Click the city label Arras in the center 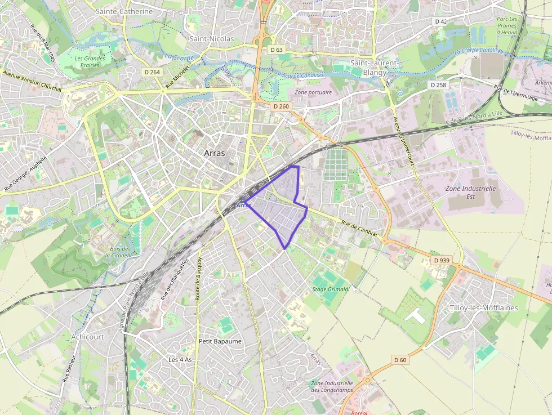(x=214, y=153)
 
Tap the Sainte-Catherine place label (x=124, y=11)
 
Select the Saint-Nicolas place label (x=211, y=39)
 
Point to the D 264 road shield (x=152, y=72)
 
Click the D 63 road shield (x=276, y=50)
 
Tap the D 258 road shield (x=438, y=85)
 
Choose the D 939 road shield (x=442, y=261)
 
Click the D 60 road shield (x=400, y=360)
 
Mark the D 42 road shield (x=440, y=21)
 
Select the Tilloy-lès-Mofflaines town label (x=484, y=308)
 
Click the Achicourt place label (x=87, y=337)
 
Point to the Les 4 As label (x=180, y=359)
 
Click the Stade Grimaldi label (x=331, y=289)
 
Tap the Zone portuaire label (x=313, y=92)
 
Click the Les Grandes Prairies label (x=90, y=61)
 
